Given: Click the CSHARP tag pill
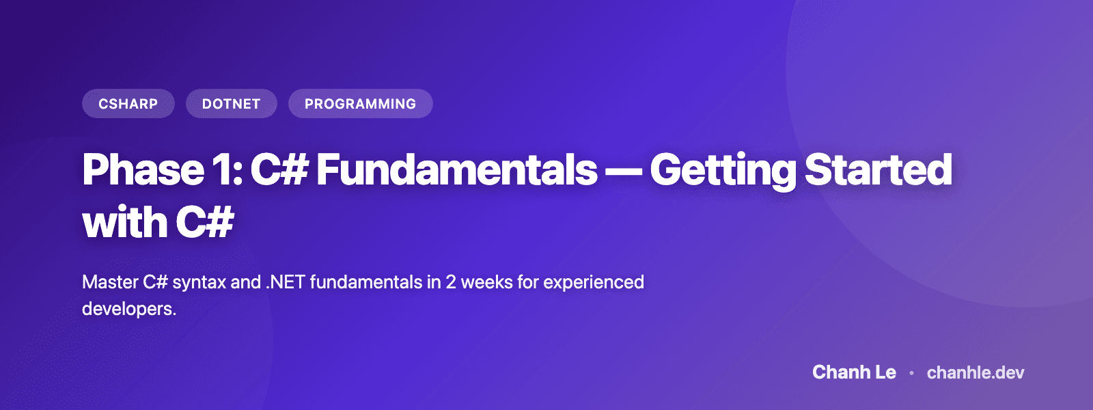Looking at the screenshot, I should pyautogui.click(x=128, y=104).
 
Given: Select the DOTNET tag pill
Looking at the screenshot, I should pyautogui.click(x=232, y=104).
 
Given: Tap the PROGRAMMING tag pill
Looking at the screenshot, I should pyautogui.click(x=360, y=104).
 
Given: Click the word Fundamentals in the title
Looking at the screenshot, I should pyautogui.click(x=456, y=169).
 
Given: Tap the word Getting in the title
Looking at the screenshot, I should pyautogui.click(x=722, y=169).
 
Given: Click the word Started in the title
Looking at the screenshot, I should pyautogui.click(x=878, y=169).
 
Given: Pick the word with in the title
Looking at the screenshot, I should pyautogui.click(x=124, y=223).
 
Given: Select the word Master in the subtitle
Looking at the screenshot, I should pyautogui.click(x=110, y=282).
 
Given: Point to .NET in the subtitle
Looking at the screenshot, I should pyautogui.click(x=286, y=282).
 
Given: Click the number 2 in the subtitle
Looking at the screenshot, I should pyautogui.click(x=451, y=282).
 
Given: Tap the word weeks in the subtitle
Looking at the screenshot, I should pyautogui.click(x=486, y=282).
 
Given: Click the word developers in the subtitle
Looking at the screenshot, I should pyautogui.click(x=127, y=309).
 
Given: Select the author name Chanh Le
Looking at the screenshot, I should pyautogui.click(x=854, y=372).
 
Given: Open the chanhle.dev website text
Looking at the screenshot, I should pyautogui.click(x=976, y=372).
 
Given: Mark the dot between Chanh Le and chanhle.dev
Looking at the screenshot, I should pyautogui.click(x=911, y=373).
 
